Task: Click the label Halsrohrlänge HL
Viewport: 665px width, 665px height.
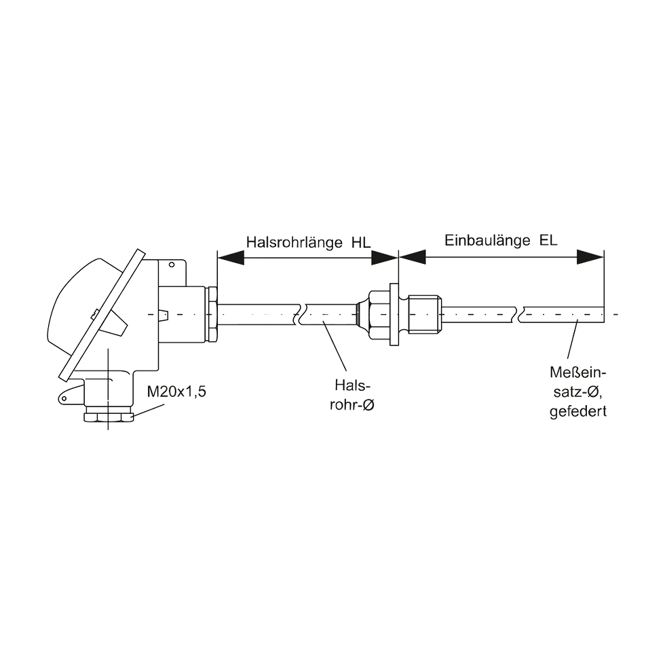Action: pos(308,242)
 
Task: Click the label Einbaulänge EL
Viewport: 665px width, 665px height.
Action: pos(501,240)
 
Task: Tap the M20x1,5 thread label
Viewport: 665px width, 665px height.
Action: pos(176,392)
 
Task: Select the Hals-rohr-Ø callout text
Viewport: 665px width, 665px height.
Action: pos(352,395)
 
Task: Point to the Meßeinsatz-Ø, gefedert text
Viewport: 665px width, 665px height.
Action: pos(578,392)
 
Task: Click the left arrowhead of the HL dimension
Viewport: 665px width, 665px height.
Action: pos(231,257)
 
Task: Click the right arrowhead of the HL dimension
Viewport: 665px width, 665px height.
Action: pos(385,257)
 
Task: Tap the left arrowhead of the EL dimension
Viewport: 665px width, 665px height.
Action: pos(413,256)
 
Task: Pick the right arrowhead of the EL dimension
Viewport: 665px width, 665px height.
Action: pos(590,256)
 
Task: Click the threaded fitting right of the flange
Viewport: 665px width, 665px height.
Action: pos(425,314)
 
